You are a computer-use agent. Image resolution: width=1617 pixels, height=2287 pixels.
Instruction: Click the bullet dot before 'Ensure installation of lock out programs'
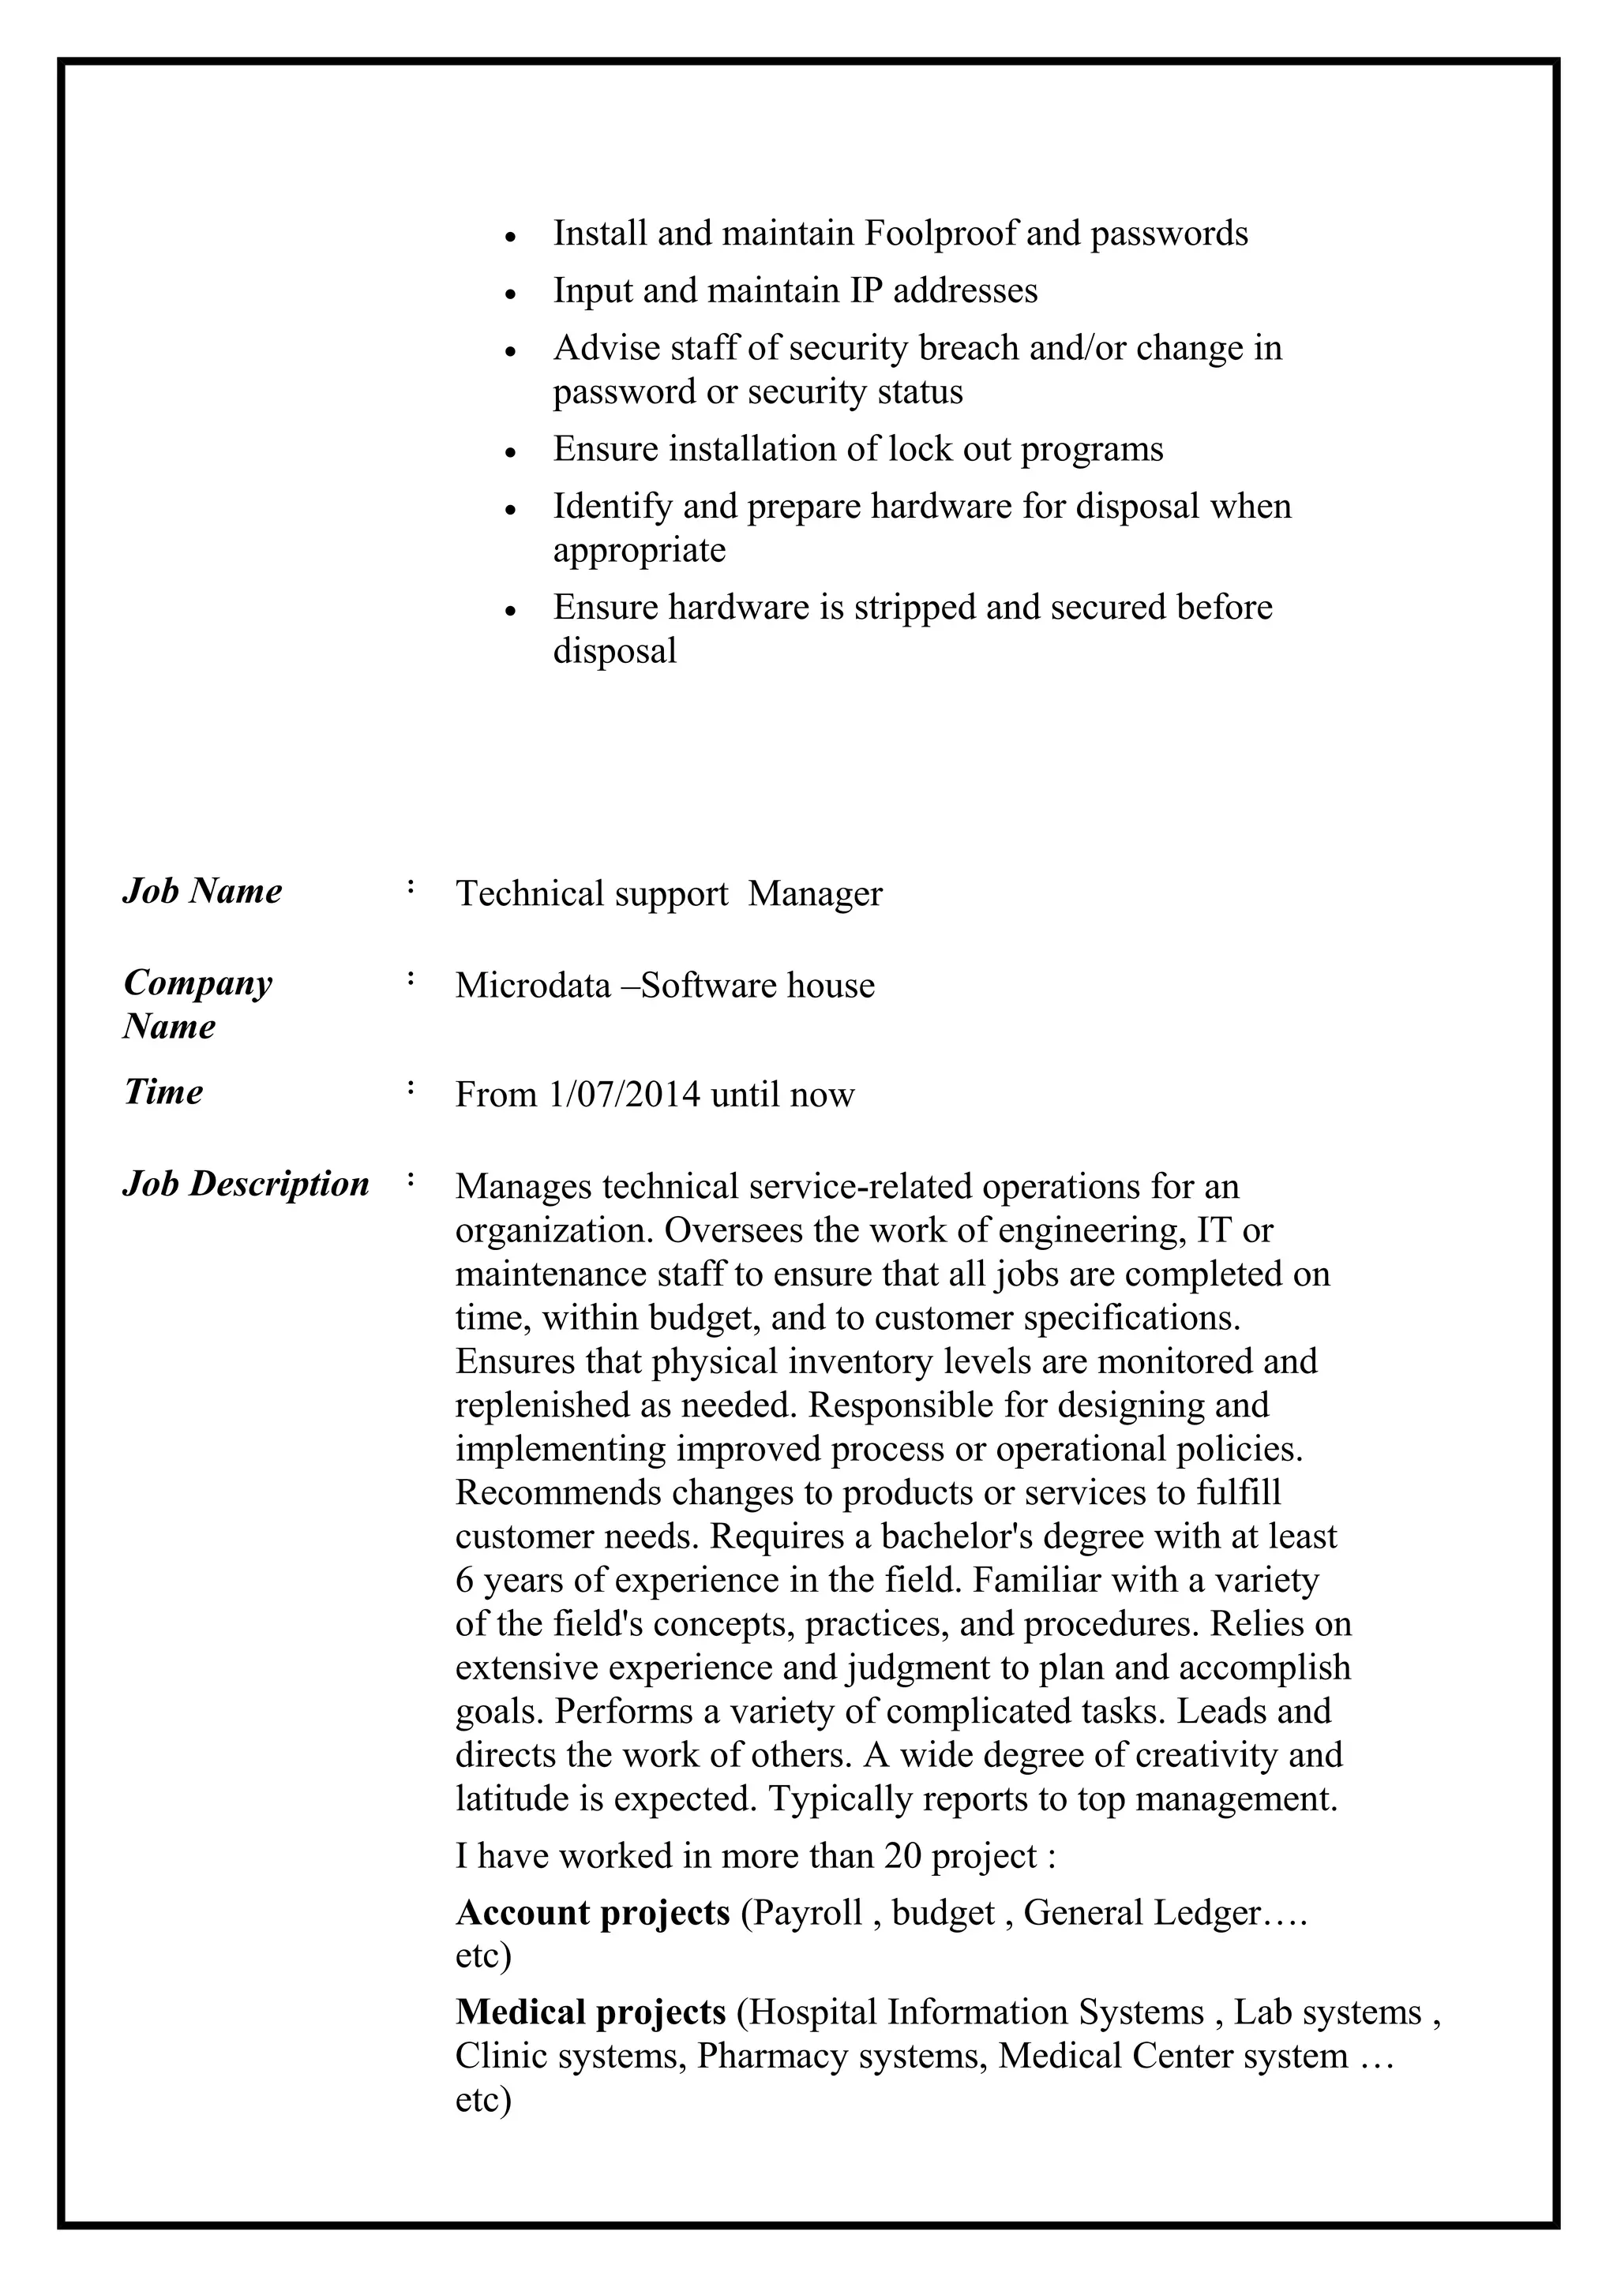coord(510,452)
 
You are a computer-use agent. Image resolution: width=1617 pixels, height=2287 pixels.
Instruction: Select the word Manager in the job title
coord(815,893)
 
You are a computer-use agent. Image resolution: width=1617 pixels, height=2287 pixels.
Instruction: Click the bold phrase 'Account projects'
coord(593,1911)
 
